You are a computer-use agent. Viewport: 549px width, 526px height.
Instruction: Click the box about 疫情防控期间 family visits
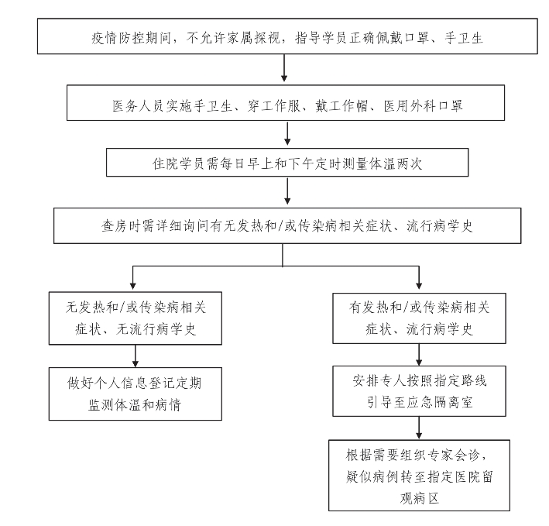[x=287, y=36]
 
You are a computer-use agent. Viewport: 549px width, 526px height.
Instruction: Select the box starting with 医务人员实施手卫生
[x=286, y=102]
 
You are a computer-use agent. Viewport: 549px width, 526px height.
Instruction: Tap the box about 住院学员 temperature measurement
[x=287, y=163]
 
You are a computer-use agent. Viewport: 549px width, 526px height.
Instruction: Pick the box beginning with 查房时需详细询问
[x=287, y=226]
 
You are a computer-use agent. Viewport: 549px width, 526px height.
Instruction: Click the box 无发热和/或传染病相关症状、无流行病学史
[x=136, y=318]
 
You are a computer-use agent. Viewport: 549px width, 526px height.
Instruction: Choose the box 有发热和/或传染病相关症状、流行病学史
[x=419, y=318]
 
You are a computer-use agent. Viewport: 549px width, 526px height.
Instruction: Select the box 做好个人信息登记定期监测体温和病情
[x=136, y=394]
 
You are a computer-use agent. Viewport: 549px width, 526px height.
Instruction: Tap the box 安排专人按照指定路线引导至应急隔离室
[x=419, y=391]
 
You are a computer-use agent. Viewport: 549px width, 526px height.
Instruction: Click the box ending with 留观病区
[x=419, y=476]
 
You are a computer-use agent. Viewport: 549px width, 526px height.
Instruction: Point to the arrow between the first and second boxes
[x=284, y=68]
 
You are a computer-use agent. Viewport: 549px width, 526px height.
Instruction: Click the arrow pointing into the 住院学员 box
[x=287, y=133]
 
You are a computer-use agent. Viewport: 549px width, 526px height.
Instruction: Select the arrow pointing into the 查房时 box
[x=287, y=191]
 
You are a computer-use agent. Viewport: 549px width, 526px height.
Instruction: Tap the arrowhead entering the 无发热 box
[x=132, y=285]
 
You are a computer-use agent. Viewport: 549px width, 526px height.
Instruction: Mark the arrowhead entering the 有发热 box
[x=419, y=285]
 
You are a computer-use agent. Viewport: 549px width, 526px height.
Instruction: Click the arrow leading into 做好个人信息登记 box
[x=136, y=356]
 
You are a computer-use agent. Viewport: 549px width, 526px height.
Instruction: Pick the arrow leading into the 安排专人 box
[x=419, y=354]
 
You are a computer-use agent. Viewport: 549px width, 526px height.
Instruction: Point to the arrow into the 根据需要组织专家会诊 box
[x=419, y=428]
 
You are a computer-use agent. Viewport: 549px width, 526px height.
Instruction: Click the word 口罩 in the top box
[x=417, y=38]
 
